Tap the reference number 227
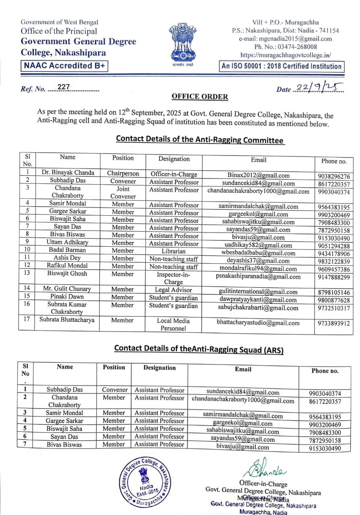click(x=64, y=87)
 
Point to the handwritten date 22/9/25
click(x=319, y=87)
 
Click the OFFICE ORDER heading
click(x=200, y=97)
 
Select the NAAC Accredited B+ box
click(x=64, y=66)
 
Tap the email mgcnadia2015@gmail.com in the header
click(x=286, y=39)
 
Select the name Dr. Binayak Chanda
click(x=68, y=173)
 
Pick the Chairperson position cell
click(x=123, y=173)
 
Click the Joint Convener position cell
click(x=123, y=192)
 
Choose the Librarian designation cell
click(x=174, y=251)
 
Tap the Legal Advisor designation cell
click(x=174, y=290)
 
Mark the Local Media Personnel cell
click(x=174, y=324)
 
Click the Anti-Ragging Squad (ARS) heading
click(x=199, y=349)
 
